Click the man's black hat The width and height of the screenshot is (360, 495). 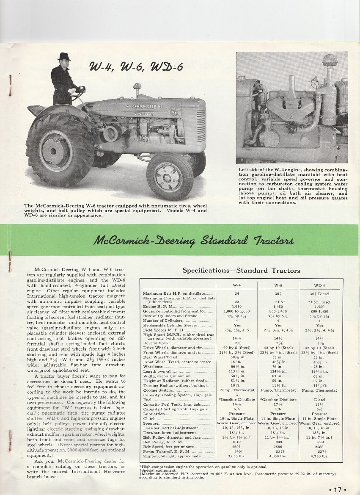pos(64,57)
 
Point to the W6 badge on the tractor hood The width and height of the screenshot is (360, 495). pos(174,113)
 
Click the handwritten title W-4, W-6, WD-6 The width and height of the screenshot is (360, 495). pos(136,66)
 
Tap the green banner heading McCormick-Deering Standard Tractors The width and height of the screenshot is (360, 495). pos(193,241)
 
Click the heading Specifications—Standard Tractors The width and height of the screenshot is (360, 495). pos(241,270)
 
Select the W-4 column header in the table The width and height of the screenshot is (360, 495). pos(237,285)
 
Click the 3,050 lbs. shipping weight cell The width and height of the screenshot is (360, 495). pos(237,456)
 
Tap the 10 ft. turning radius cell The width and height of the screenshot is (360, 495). pos(237,385)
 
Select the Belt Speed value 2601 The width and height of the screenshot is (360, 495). pos(237,445)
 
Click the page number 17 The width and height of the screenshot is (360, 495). pos(337,489)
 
